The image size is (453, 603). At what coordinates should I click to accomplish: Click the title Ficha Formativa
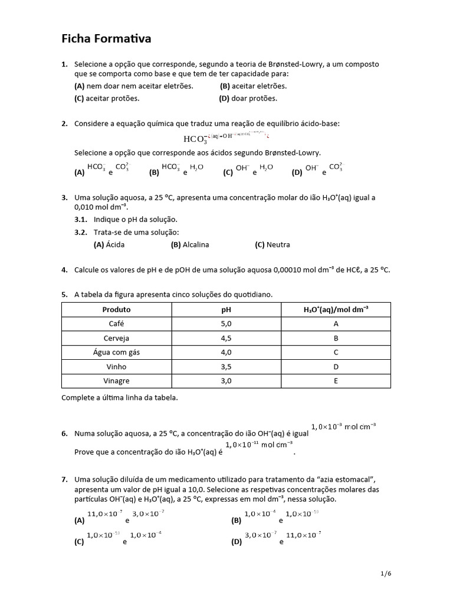[x=107, y=39]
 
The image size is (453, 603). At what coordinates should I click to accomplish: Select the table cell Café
[x=116, y=323]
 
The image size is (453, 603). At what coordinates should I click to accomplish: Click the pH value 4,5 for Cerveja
[x=226, y=339]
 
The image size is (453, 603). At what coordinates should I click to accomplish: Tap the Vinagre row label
[x=116, y=381]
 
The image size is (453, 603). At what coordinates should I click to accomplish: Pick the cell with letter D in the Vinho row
[x=335, y=366]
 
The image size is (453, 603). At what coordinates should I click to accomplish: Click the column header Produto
[x=116, y=309]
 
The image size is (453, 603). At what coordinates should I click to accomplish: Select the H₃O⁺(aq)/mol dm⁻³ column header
[x=335, y=309]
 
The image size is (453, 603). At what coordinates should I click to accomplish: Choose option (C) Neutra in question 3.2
[x=272, y=244]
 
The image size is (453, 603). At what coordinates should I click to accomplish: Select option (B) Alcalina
[x=190, y=244]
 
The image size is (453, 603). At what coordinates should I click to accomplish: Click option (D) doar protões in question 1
[x=248, y=98]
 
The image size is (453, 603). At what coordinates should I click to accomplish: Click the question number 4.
[x=64, y=270]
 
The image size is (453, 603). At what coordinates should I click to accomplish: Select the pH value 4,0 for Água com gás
[x=226, y=352]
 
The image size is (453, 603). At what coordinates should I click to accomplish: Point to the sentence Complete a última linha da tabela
[x=119, y=397]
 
